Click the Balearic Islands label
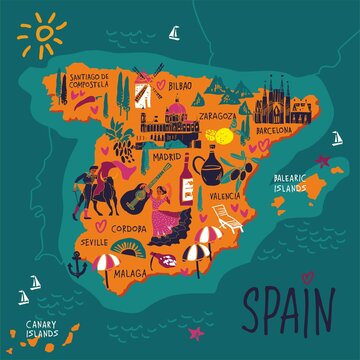click(295, 182)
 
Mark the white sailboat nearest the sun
click(175, 34)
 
